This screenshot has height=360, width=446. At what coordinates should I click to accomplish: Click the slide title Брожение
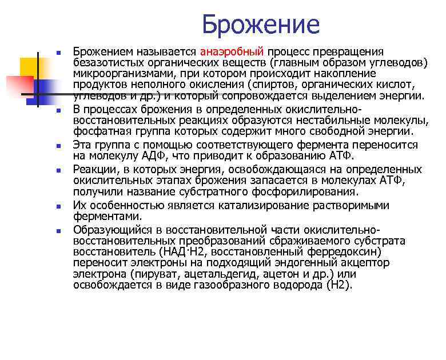(260, 25)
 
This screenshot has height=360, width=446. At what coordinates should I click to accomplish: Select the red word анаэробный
(232, 52)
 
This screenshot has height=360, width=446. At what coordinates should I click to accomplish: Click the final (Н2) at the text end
(337, 284)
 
